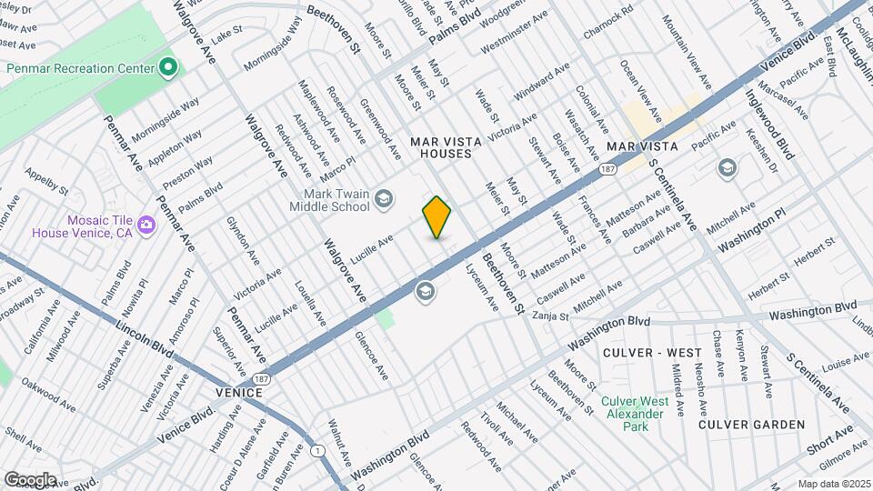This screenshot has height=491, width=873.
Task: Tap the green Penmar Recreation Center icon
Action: pos(167,66)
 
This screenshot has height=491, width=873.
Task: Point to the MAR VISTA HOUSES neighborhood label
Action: pos(440,147)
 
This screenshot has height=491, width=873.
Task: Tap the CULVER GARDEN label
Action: pos(751,425)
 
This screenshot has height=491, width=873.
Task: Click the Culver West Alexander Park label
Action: pos(634,406)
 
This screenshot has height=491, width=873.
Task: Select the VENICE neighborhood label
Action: pos(239,392)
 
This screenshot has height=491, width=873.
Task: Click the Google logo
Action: pos(30,479)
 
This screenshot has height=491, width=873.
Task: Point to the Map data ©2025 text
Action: pos(833,484)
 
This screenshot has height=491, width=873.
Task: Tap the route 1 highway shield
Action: pos(316,451)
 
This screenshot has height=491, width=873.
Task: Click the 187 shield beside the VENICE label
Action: pos(262,377)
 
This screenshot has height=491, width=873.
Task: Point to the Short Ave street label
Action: pos(828,439)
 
